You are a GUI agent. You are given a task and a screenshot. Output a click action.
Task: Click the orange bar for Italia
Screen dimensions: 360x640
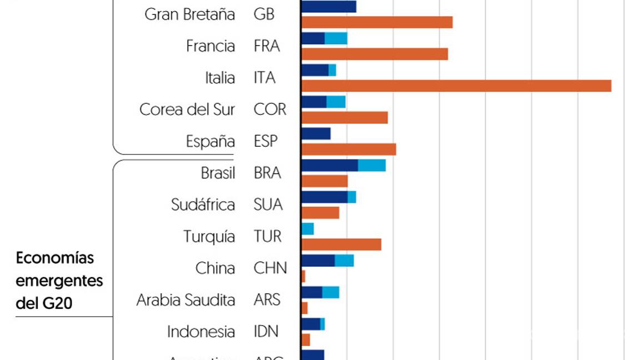(456, 86)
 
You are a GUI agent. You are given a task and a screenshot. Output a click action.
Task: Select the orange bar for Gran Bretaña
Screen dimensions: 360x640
(377, 22)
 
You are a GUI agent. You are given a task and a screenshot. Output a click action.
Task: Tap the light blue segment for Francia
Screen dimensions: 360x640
(336, 38)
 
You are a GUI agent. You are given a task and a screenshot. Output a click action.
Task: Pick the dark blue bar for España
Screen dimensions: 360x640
(316, 134)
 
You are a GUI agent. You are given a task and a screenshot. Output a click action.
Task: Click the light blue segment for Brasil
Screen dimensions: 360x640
(372, 166)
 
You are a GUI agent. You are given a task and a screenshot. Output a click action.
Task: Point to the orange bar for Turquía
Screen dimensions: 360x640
(341, 244)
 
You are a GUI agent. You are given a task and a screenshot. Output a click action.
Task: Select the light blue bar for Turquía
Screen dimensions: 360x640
(308, 229)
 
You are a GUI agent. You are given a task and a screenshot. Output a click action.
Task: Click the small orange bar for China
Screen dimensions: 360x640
(303, 276)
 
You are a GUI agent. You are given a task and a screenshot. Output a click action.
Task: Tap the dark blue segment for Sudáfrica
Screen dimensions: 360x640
(324, 197)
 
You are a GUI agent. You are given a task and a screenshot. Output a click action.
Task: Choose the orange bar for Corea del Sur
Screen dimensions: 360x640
(344, 118)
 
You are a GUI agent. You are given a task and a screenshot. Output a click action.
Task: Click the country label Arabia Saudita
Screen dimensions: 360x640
(186, 300)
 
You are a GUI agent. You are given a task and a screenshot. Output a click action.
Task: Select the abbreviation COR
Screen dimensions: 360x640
(270, 109)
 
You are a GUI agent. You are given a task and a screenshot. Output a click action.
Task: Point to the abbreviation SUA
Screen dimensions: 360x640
(268, 205)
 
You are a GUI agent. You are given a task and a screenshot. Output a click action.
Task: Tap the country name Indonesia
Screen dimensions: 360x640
(201, 332)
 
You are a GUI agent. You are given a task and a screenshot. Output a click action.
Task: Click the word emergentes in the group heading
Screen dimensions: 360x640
(59, 281)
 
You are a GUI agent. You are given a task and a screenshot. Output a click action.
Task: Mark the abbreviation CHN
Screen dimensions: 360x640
(271, 268)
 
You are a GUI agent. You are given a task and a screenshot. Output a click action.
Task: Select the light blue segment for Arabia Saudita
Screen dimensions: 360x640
(331, 292)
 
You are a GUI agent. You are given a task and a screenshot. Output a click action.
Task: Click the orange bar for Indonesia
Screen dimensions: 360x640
(306, 339)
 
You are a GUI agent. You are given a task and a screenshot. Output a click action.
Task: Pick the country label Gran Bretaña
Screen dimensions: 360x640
(189, 14)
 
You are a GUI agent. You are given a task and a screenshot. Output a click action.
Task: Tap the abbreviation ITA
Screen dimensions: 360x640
(264, 78)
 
